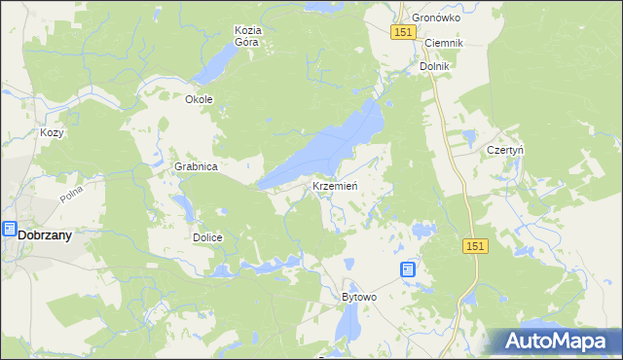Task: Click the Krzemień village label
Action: pos(337,185)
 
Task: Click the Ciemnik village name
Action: pos(443,44)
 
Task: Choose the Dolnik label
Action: pos(434,66)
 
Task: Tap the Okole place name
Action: pos(199,99)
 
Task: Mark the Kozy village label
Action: pos(52,132)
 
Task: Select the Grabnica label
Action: pos(196,166)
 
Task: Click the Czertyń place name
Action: pos(505,151)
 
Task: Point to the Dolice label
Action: pos(207,237)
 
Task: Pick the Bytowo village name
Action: pos(358,296)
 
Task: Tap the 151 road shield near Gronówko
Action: pos(406,33)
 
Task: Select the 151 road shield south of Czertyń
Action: pos(474,248)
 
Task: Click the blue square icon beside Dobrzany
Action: pos(9,230)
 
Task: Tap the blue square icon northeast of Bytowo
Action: pos(408,270)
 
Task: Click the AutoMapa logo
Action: pos(555,342)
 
